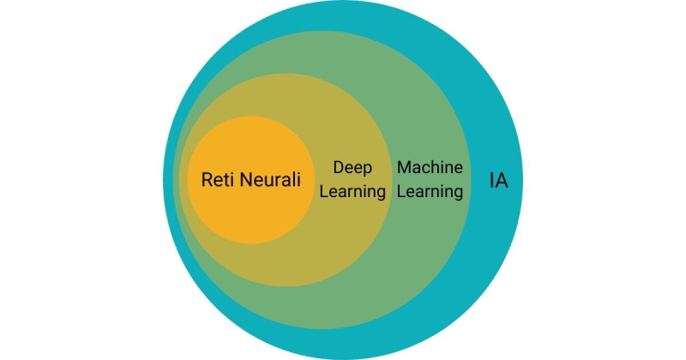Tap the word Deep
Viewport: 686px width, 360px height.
[352, 167]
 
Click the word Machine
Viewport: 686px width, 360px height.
[430, 167]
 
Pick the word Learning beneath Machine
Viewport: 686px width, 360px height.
[430, 192]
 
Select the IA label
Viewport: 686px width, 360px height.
[498, 182]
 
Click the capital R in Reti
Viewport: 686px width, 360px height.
[207, 180]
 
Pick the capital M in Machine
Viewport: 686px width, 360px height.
[403, 167]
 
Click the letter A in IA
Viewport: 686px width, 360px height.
[502, 182]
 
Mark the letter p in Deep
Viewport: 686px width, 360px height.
[366, 169]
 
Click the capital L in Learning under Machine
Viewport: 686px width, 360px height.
[400, 192]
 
